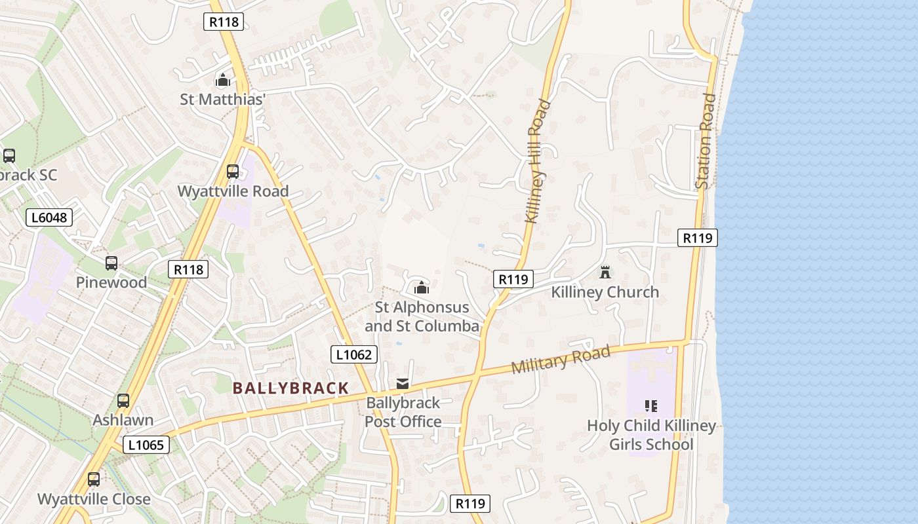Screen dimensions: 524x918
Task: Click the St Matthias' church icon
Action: (x=223, y=81)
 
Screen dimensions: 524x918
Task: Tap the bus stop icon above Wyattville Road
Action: (x=233, y=172)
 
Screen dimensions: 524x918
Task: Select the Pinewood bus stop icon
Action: (x=111, y=263)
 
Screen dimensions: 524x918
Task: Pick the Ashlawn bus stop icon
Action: (x=123, y=401)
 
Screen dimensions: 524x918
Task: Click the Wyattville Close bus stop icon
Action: (x=94, y=479)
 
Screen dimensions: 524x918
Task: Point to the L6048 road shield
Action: (x=49, y=217)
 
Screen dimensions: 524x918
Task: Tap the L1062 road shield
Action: (x=353, y=355)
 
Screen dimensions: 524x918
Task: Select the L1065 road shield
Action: (x=146, y=445)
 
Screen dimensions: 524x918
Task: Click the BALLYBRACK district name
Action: (x=290, y=388)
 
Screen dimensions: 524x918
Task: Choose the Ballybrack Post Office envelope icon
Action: (x=403, y=384)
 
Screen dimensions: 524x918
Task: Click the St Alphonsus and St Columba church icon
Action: (x=422, y=288)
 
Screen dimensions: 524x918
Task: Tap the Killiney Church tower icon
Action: (x=605, y=272)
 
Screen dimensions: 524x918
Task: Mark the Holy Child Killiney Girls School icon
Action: (x=650, y=406)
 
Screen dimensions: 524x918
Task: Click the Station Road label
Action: (x=706, y=141)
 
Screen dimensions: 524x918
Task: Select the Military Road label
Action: (x=561, y=360)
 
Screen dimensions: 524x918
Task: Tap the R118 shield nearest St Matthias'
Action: (x=224, y=22)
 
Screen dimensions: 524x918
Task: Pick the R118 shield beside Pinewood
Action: (x=188, y=269)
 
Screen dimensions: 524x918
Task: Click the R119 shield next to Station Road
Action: (x=697, y=238)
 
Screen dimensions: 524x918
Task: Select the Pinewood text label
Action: (x=111, y=282)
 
